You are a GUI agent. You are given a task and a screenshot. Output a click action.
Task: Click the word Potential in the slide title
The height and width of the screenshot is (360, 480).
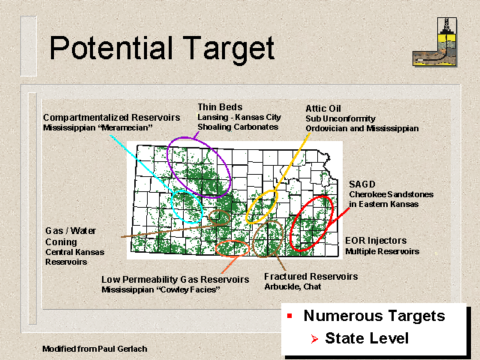(x=112, y=48)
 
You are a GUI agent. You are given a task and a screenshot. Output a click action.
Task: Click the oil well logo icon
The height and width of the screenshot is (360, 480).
(x=435, y=42)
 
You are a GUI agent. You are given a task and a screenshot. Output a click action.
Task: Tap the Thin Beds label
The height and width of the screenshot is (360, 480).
(x=220, y=106)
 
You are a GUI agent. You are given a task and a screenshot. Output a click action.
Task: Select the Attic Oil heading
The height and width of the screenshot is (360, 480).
(x=323, y=108)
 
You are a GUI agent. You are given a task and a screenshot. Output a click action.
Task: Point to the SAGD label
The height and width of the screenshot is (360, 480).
(x=362, y=184)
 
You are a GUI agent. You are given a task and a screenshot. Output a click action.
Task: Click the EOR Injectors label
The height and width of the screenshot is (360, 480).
(x=376, y=241)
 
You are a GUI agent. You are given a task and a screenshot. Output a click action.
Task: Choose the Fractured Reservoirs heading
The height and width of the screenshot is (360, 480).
(x=311, y=277)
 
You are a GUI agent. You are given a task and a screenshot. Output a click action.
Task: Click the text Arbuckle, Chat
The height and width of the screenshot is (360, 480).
(x=292, y=286)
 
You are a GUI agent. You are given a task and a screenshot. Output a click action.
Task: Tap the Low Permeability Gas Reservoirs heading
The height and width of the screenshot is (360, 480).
(x=175, y=280)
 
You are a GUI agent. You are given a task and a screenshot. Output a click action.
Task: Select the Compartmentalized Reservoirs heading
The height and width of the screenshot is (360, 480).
(x=112, y=118)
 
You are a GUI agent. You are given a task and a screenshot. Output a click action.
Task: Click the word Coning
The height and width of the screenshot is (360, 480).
(x=61, y=242)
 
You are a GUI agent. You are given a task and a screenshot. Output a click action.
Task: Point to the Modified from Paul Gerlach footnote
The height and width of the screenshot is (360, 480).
(x=95, y=349)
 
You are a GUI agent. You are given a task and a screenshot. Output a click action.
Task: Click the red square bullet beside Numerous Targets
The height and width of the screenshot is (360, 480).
(x=289, y=316)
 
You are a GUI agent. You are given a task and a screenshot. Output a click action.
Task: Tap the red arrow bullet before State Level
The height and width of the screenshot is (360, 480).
(x=314, y=339)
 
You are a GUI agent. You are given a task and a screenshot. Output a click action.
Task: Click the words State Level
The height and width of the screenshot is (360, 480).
(x=367, y=338)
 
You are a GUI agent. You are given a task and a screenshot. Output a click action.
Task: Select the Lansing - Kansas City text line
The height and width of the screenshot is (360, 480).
(x=239, y=117)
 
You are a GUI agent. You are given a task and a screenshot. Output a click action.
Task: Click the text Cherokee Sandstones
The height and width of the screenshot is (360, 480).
(x=391, y=194)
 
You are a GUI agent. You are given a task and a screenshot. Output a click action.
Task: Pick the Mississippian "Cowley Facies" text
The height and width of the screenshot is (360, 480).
(x=161, y=289)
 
